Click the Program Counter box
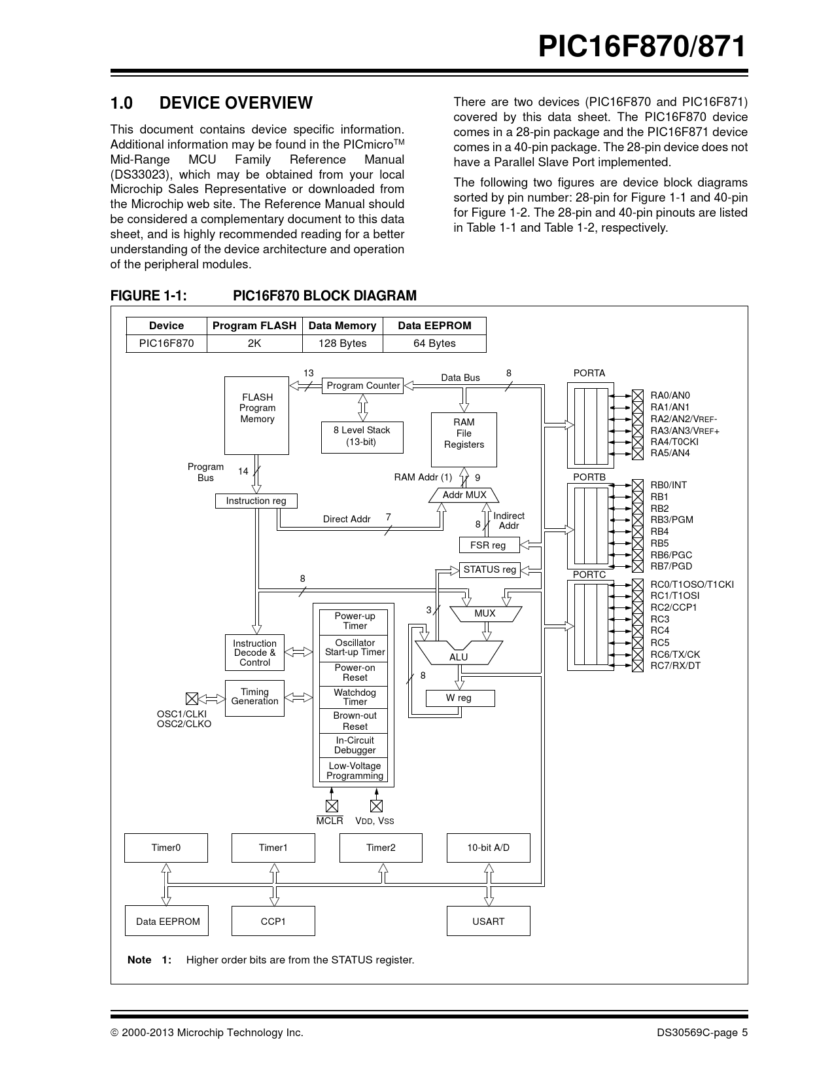click(x=362, y=386)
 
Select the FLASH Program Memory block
click(x=257, y=415)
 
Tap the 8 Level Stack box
click(x=361, y=437)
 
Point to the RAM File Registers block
click(x=464, y=439)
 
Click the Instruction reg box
click(x=256, y=501)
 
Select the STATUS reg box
click(x=489, y=570)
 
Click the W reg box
click(x=459, y=698)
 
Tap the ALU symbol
click(x=459, y=654)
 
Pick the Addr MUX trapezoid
click(x=464, y=495)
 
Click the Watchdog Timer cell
click(x=355, y=697)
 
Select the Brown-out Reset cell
click(x=355, y=721)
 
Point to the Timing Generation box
click(x=254, y=698)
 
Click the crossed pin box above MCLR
click(x=332, y=806)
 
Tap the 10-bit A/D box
click(x=488, y=848)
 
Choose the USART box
click(x=488, y=922)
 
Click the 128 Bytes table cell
click(x=342, y=344)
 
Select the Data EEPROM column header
click(x=434, y=326)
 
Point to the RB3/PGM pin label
click(x=672, y=520)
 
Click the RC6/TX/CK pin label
click(x=675, y=655)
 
